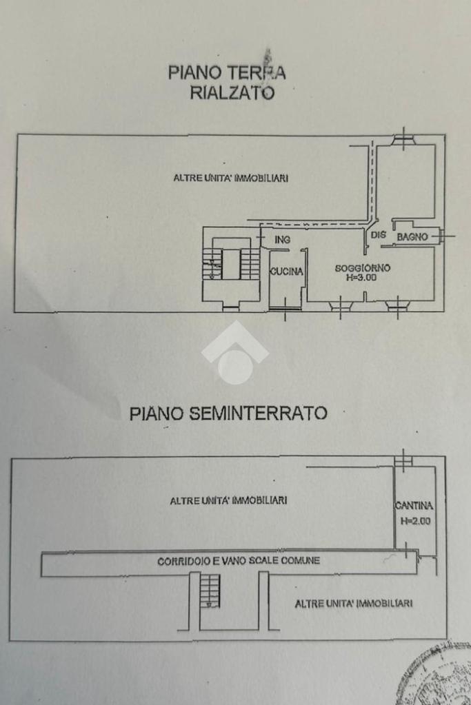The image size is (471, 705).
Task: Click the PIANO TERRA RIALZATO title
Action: (x=228, y=82)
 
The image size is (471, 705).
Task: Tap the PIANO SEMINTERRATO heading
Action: (x=228, y=413)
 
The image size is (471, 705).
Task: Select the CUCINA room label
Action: (x=286, y=272)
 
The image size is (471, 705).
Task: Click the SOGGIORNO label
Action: (x=363, y=268)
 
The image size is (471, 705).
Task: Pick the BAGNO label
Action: (x=412, y=237)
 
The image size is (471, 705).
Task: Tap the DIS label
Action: (x=379, y=235)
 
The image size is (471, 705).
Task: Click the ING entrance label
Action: (x=281, y=240)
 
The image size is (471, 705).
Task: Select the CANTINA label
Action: (x=414, y=505)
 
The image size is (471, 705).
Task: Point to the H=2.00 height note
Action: (x=415, y=521)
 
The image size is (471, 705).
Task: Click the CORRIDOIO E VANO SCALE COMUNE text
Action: (x=239, y=561)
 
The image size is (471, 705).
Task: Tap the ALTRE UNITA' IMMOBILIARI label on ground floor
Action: (x=230, y=178)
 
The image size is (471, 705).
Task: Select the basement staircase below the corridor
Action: (x=210, y=591)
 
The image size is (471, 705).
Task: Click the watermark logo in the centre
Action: (x=235, y=353)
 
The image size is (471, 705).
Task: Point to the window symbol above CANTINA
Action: (x=403, y=460)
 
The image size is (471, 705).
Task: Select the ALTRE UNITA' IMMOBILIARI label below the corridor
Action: (x=354, y=604)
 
